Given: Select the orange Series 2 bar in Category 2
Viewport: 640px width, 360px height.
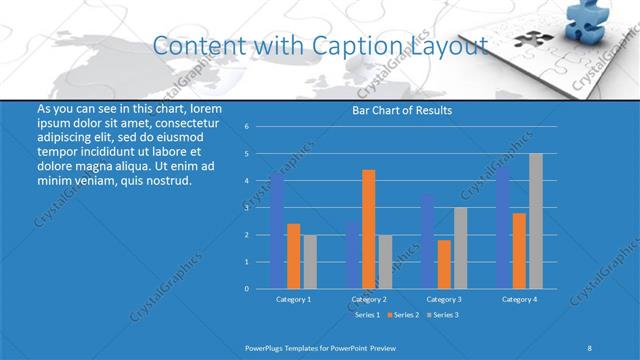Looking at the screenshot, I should point(369,229).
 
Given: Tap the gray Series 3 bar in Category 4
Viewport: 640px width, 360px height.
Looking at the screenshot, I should point(536,221).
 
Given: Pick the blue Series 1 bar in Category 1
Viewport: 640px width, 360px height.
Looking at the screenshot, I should point(277,231).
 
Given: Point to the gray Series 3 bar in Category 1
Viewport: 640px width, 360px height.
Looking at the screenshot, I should point(310,261).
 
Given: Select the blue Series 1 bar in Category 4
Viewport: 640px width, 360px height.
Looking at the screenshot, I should point(503,228).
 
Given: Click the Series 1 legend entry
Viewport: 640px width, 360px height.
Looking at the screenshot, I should point(366,315).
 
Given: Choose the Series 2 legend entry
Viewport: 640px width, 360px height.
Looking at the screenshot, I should point(404,315).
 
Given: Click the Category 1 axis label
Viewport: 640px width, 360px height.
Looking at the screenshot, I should point(293,299).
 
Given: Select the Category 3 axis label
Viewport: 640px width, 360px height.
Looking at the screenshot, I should point(444,299).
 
